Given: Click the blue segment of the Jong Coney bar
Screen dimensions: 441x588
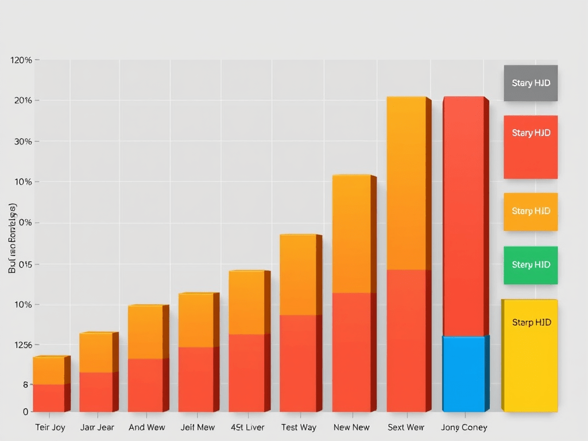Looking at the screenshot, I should [463, 374].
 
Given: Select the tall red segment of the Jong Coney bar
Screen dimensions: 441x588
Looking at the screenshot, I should [463, 216].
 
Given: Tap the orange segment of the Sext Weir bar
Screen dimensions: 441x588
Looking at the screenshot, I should [406, 183].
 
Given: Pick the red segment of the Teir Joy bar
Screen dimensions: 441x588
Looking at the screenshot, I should [49, 398].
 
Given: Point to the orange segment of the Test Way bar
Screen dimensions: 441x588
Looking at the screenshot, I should [297, 274].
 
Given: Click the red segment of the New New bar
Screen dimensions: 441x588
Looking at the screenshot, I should [351, 352].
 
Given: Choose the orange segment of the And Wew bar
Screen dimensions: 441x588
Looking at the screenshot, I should [145, 332].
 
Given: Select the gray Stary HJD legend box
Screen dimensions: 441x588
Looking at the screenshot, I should [531, 83].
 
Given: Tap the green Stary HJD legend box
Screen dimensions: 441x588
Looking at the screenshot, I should [531, 265].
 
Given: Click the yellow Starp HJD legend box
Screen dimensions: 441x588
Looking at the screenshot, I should [529, 355].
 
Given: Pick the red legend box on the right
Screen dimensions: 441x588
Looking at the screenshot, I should [531, 147].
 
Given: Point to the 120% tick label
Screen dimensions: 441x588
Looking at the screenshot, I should [21, 60].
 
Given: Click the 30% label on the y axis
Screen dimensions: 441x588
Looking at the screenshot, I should [21, 141].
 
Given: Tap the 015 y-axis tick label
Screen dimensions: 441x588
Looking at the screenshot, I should [21, 265].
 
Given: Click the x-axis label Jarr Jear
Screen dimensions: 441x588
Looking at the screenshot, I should [97, 427].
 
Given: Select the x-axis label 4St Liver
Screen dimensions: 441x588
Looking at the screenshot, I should [247, 427].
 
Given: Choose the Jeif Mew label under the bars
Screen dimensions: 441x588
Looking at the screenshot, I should [197, 427].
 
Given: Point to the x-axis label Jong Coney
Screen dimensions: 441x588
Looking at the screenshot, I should [464, 427].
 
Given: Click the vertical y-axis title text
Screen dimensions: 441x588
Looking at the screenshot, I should [12, 238].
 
